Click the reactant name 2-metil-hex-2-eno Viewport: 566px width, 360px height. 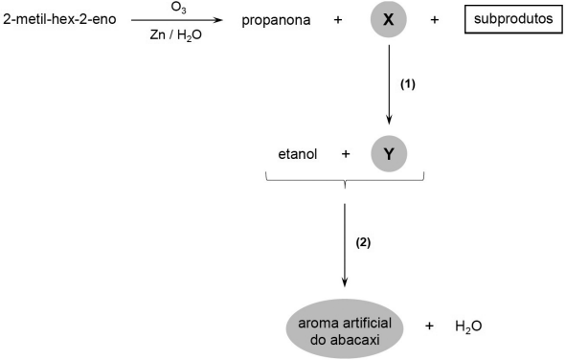click(59, 19)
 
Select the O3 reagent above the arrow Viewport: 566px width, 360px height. click(179, 8)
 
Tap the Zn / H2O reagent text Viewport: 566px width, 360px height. click(176, 35)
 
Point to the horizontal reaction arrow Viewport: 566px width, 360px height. click(177, 20)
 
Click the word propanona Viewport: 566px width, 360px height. click(276, 20)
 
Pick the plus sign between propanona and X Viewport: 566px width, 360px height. click(338, 20)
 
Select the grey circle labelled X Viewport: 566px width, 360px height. click(389, 19)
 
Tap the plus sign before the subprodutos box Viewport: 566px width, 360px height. click(435, 20)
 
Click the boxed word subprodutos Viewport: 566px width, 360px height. click(513, 19)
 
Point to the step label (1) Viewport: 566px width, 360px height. click(408, 84)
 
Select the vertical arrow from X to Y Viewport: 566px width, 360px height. click(389, 85)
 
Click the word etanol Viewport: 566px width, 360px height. click(298, 154)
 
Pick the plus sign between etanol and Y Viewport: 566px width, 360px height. click(346, 154)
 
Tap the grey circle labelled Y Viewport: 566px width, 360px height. click(389, 154)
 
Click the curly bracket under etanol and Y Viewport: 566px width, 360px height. click(345, 180)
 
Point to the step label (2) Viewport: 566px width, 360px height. click(364, 243)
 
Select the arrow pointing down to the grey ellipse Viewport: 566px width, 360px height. click(345, 245)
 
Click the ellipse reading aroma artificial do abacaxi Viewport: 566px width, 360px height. click(345, 328)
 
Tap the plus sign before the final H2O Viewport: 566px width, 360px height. click(429, 326)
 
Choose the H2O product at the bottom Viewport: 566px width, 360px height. click(468, 326)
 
